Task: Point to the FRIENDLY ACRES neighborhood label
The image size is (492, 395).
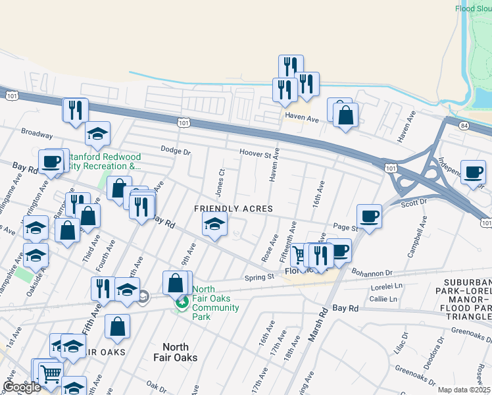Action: (233, 209)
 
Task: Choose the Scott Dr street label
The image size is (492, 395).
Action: (414, 203)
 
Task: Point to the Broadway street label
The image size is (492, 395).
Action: (37, 134)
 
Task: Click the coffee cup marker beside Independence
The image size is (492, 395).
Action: (473, 172)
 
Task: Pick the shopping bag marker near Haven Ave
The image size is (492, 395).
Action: (345, 116)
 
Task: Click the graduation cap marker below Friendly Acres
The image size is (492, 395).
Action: (214, 225)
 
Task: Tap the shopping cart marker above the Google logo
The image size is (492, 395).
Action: (51, 373)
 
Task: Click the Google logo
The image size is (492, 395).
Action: (22, 387)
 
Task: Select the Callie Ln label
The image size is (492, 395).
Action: (383, 299)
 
